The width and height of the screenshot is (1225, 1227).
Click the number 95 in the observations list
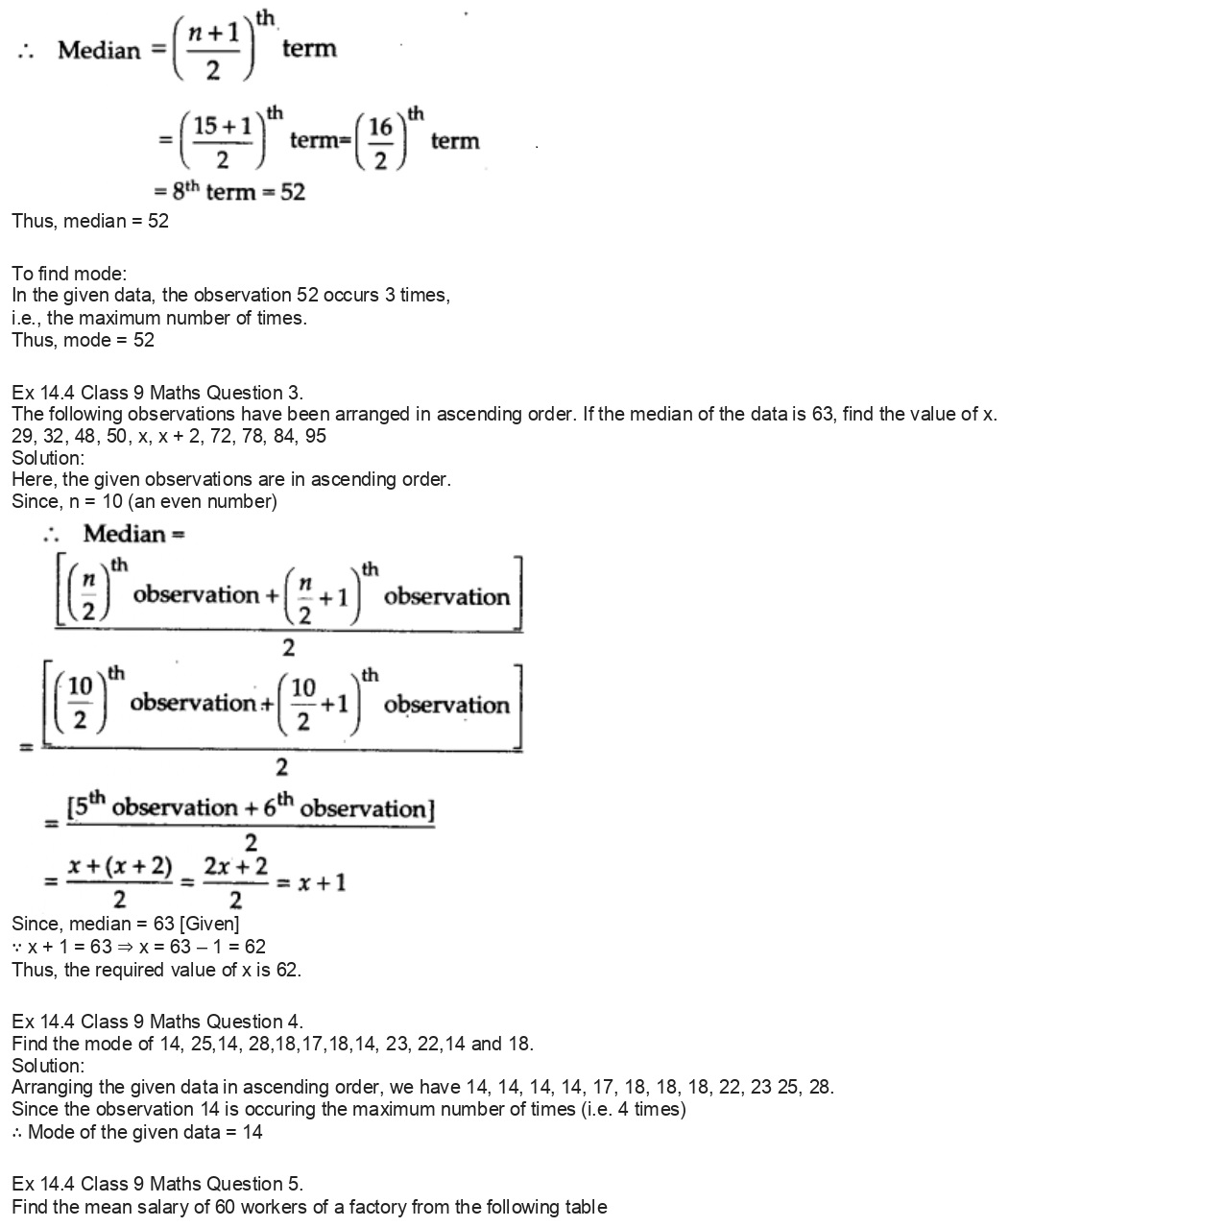316,436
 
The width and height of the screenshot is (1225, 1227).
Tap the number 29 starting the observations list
21,436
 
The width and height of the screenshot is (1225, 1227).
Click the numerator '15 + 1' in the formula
223,126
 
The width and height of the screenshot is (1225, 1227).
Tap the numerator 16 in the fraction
381,127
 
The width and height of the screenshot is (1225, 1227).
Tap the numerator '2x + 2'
236,866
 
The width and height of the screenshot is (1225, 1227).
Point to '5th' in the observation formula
87,806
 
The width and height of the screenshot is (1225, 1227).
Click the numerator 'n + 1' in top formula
213,32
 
